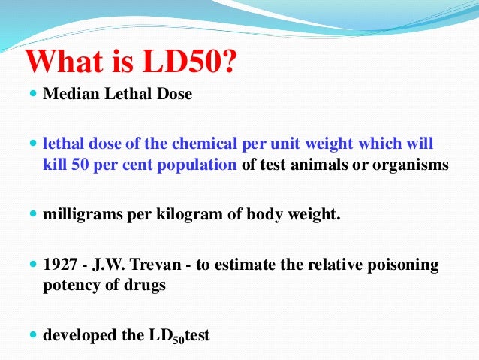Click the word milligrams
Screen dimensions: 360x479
click(x=80, y=215)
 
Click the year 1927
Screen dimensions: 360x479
click(x=59, y=265)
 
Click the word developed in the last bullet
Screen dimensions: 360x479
click(x=76, y=335)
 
